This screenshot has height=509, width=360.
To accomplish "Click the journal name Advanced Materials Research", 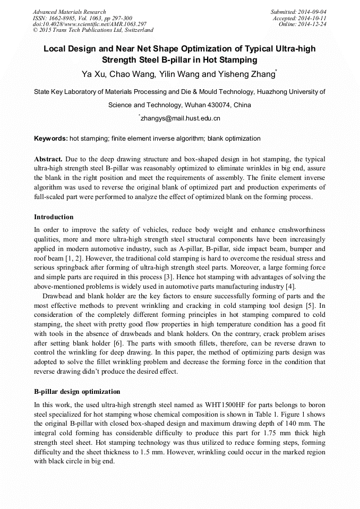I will [x=69, y=12].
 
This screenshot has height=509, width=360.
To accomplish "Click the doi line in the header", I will [x=89, y=24].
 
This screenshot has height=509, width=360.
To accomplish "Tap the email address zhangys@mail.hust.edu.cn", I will [x=181, y=118].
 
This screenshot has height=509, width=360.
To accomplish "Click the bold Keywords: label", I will [x=51, y=139].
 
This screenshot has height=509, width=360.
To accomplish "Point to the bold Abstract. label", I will [x=48, y=159].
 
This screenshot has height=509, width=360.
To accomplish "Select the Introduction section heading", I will [x=54, y=217].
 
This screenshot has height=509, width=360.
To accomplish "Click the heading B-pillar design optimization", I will [x=77, y=392].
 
